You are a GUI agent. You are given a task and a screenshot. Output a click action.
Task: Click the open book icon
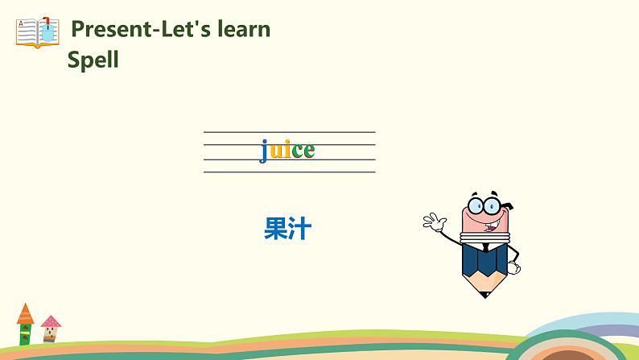coord(38,32)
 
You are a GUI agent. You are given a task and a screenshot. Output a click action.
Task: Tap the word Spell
coord(93,60)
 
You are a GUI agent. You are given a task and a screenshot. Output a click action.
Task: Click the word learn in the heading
coord(244,29)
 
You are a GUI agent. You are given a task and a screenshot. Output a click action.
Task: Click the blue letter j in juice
coord(264,151)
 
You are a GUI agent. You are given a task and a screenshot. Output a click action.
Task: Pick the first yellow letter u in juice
coord(276,151)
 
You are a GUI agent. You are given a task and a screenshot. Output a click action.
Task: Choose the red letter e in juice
coord(309,151)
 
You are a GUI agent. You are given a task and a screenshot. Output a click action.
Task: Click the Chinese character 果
coord(276,228)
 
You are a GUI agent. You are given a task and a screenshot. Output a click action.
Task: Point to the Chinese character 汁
coord(300,228)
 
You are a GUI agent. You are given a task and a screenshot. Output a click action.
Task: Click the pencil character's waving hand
coord(434,222)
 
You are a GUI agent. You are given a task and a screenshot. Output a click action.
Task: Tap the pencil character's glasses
coord(484,205)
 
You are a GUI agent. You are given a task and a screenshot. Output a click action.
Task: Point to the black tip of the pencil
coord(485,294)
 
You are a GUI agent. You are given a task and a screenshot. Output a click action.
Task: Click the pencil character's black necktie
coord(485,248)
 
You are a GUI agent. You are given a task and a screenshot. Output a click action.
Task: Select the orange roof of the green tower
coord(25,314)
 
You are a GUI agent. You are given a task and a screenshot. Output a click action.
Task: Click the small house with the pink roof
coord(51,329)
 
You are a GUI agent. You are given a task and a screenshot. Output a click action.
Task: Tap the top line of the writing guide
coord(290,132)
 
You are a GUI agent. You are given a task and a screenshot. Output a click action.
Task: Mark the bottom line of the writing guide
coord(290,172)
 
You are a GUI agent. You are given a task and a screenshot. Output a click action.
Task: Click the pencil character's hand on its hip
coord(513,267)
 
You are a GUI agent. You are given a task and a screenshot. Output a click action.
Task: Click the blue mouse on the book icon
coord(47,32)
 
